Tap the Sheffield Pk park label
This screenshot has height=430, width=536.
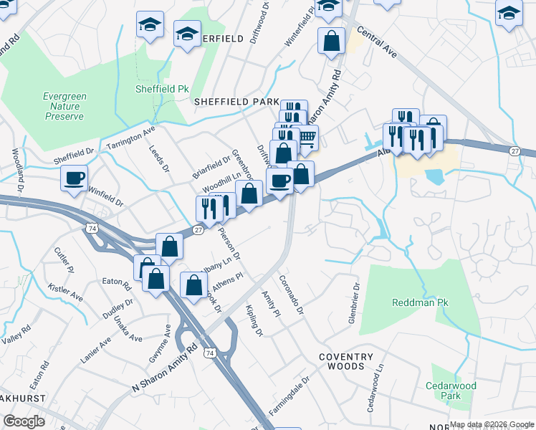[x=162, y=90]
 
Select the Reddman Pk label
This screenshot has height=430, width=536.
[x=420, y=302]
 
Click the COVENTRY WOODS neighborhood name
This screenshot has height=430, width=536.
[x=346, y=362]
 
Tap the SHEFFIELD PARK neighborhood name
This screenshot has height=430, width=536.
[x=236, y=102]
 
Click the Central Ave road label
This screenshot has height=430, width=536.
[x=375, y=44]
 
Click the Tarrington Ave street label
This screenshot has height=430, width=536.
[x=130, y=138]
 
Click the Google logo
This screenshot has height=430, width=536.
[x=24, y=421]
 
